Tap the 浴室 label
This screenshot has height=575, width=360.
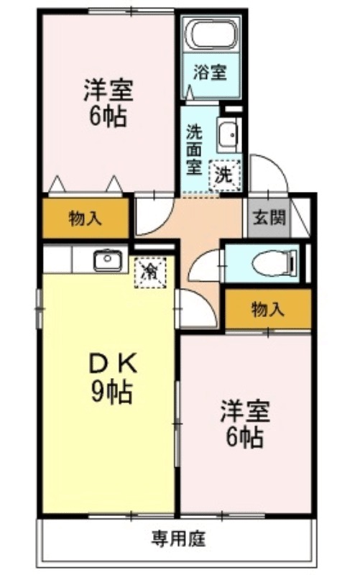[x=210, y=72]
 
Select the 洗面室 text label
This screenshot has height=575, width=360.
[x=194, y=149]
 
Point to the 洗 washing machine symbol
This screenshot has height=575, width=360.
[x=224, y=175]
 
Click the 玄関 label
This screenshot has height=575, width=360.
[x=269, y=218]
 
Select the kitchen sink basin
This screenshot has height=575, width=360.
[x=107, y=260]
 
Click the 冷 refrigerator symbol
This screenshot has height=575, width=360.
[x=150, y=272]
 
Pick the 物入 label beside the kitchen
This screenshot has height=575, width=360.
[x=85, y=218]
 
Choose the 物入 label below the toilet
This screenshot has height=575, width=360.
[x=267, y=310]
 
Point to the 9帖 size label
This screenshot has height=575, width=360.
[x=111, y=392]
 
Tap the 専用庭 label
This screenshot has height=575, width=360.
[x=178, y=538]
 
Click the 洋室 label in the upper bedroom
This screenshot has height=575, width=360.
[x=109, y=90]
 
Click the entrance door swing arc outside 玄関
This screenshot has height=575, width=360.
[x=277, y=165]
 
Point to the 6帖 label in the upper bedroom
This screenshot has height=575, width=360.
[x=109, y=116]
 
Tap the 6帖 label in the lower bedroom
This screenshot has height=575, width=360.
[x=244, y=437]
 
